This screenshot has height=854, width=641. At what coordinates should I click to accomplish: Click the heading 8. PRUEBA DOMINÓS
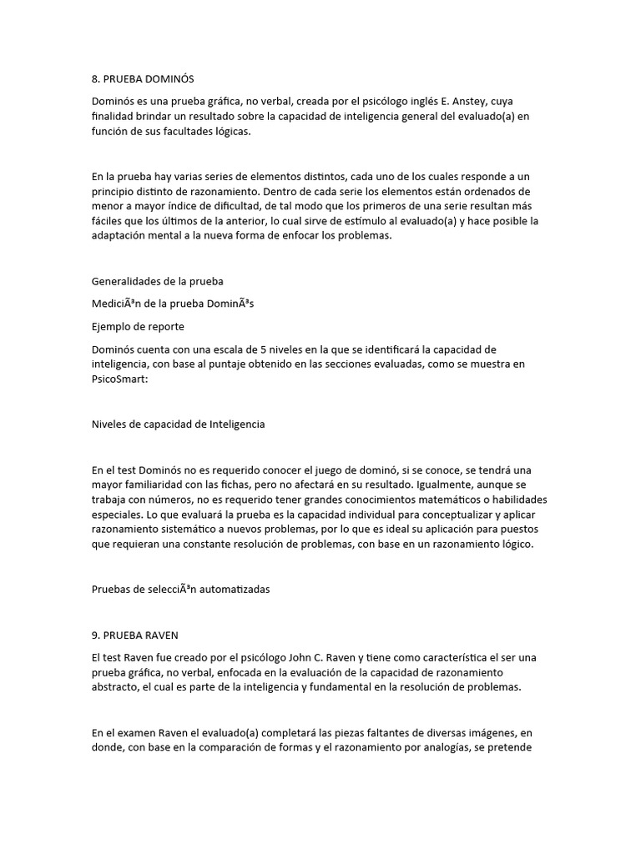(142, 79)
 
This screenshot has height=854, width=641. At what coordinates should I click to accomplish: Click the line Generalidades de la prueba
(157, 281)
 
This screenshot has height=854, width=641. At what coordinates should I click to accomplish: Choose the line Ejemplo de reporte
(138, 326)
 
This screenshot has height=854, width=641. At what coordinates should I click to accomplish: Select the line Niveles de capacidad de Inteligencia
(178, 424)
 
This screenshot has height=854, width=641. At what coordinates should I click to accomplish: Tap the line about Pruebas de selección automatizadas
(180, 589)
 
